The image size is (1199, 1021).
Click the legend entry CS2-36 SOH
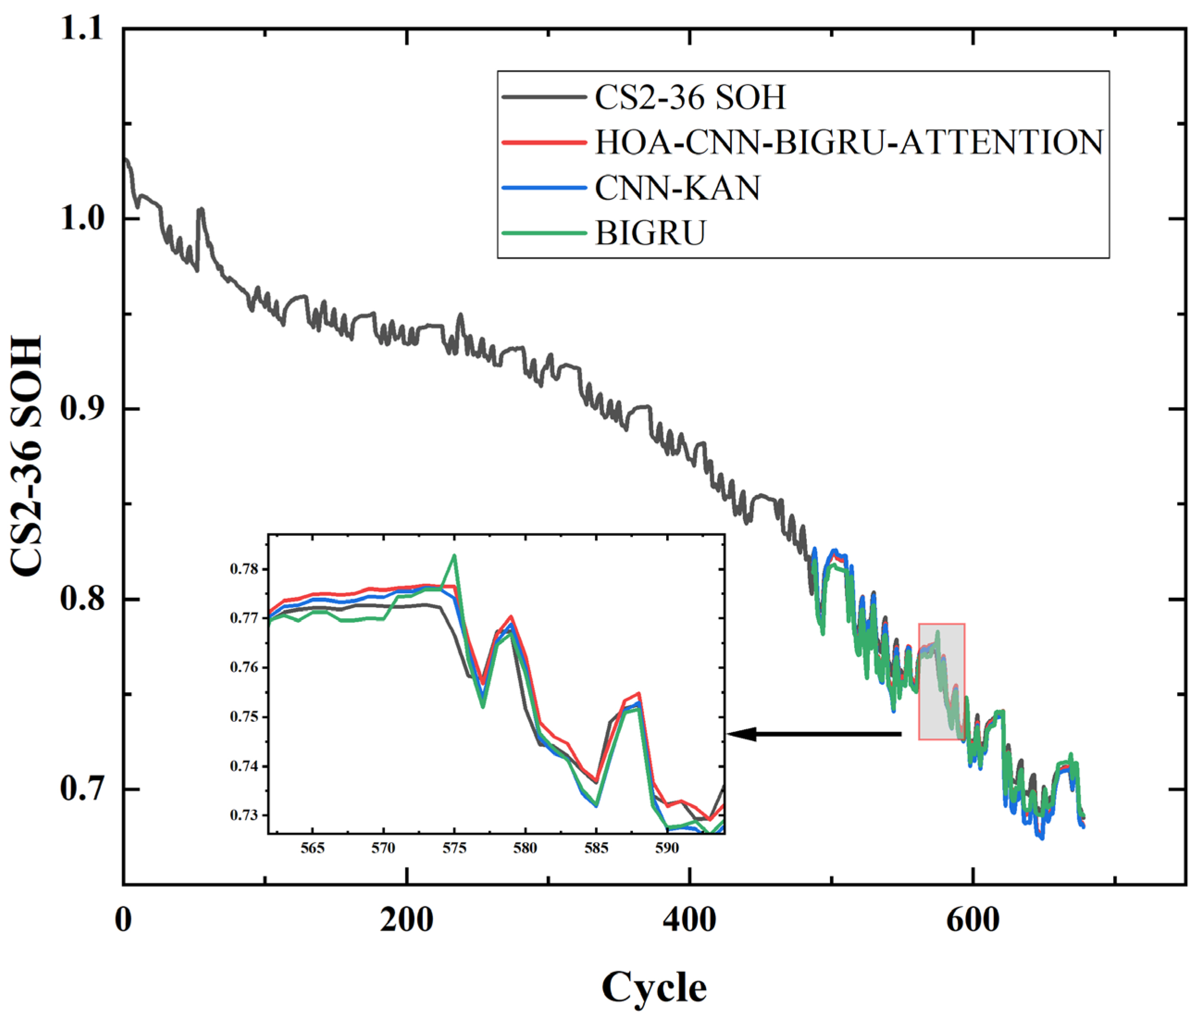pos(690,97)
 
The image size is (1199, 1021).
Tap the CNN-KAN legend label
pos(677,188)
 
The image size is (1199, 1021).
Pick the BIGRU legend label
pos(650,233)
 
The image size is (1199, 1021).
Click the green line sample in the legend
pos(544,233)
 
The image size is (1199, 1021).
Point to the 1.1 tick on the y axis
pos(81,28)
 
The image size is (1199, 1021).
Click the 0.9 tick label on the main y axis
pos(81,408)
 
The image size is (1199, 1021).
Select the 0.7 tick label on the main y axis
pos(81,789)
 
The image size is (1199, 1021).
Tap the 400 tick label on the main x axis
pos(690,920)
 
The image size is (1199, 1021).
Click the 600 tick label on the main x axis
pos(973,920)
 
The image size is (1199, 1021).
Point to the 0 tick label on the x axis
pos(123,920)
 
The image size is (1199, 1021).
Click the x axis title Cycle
pos(654,987)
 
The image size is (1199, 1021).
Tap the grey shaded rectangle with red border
pos(942,681)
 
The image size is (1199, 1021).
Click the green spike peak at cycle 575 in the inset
pos(454,555)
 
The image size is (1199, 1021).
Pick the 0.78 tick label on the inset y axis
pos(244,569)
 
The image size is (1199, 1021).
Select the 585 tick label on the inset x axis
pos(596,848)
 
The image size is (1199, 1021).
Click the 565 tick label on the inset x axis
pos(312,848)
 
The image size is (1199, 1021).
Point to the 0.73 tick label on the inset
pos(244,815)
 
